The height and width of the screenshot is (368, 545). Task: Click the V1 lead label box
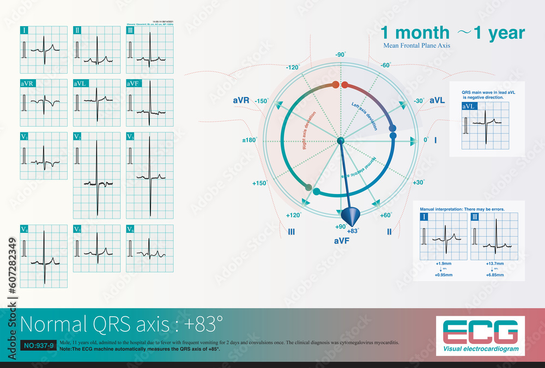25,136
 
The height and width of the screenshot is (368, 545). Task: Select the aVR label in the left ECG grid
27,83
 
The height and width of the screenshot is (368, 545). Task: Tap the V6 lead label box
131,229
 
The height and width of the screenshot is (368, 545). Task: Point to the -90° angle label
340,55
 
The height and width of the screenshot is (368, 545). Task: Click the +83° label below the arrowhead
353,231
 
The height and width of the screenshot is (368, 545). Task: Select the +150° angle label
259,183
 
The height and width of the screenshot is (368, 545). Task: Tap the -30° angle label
419,101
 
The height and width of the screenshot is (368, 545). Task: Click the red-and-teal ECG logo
480,333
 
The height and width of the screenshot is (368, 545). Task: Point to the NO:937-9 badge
37,346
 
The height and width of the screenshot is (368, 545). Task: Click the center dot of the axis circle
341,141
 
